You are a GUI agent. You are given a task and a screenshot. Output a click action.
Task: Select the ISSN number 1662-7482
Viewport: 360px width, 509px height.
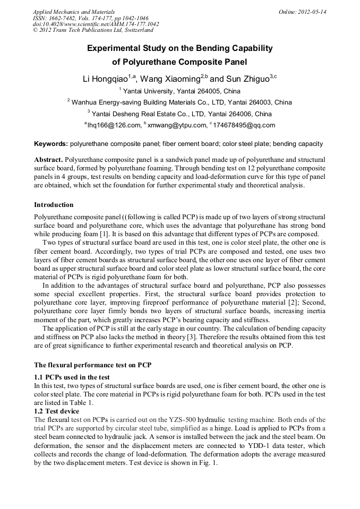[x=63, y=18]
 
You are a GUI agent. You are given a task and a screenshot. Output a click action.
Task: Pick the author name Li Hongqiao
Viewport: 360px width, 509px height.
[x=105, y=79]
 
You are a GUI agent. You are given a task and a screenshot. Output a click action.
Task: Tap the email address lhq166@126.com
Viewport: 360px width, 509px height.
[x=113, y=125]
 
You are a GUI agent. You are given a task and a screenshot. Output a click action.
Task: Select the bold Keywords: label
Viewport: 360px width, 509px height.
[x=51, y=144]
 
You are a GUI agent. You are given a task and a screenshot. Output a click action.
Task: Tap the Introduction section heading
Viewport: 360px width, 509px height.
[x=54, y=205]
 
